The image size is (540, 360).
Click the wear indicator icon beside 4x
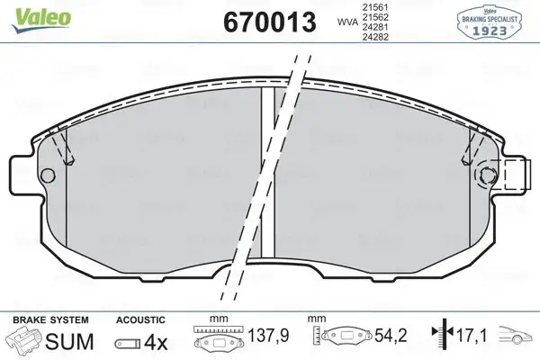(128, 344)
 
